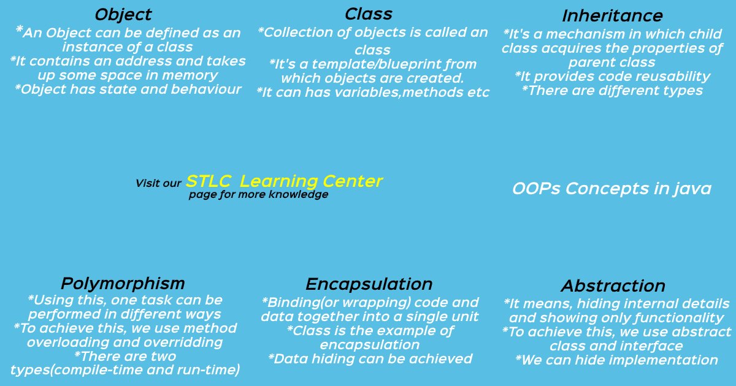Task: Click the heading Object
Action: pyautogui.click(x=123, y=15)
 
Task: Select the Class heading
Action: pyautogui.click(x=369, y=14)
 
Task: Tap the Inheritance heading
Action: pyautogui.click(x=613, y=16)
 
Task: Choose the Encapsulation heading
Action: pyautogui.click(x=369, y=284)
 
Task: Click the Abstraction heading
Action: pyautogui.click(x=613, y=286)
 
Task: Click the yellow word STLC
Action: pyautogui.click(x=209, y=181)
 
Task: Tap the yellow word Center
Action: pyautogui.click(x=353, y=181)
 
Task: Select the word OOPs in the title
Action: pyautogui.click(x=536, y=189)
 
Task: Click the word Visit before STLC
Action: pyautogui.click(x=145, y=183)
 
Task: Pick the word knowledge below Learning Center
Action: pyautogui.click(x=298, y=195)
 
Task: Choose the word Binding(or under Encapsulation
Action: pyautogui.click(x=300, y=303)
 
